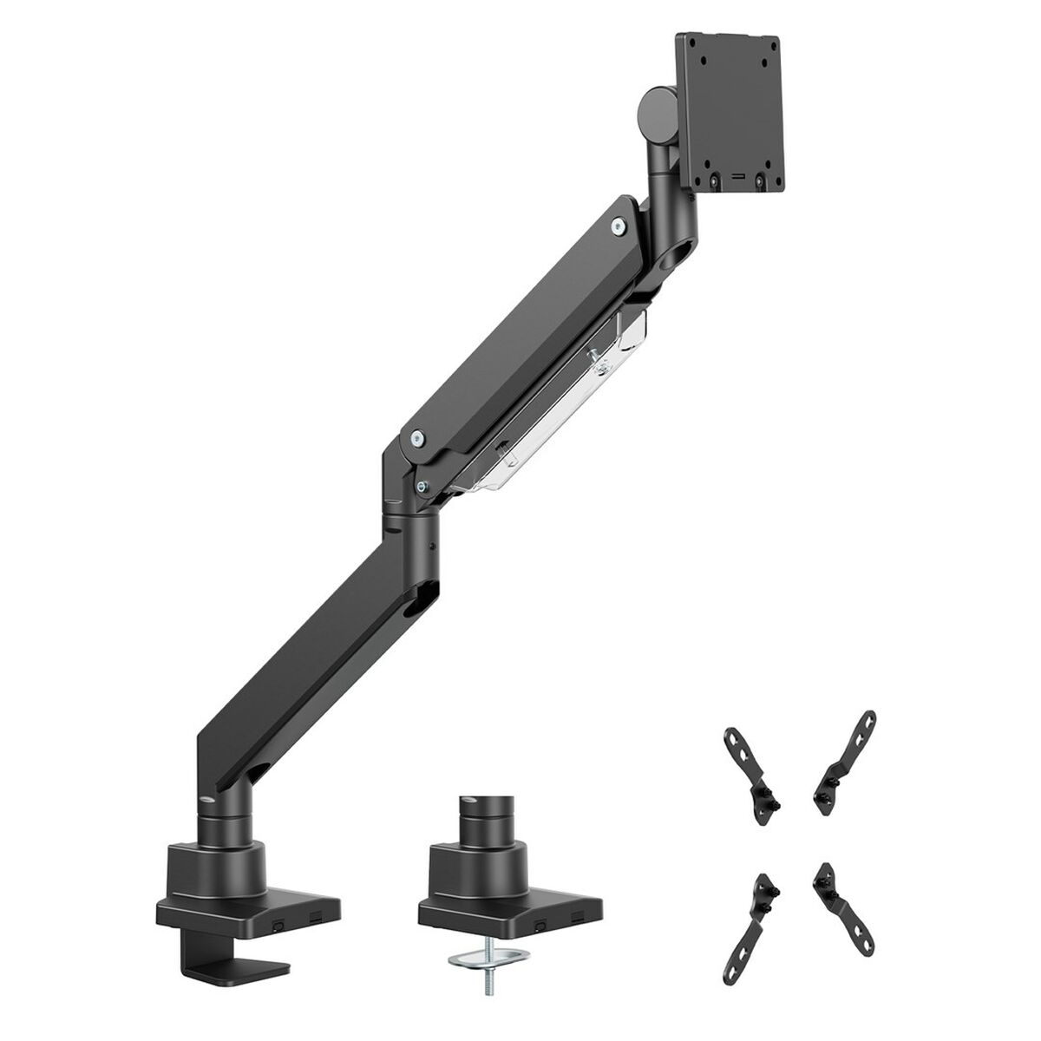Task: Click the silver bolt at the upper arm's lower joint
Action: click(x=418, y=440)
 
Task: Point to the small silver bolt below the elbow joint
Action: click(x=422, y=486)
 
